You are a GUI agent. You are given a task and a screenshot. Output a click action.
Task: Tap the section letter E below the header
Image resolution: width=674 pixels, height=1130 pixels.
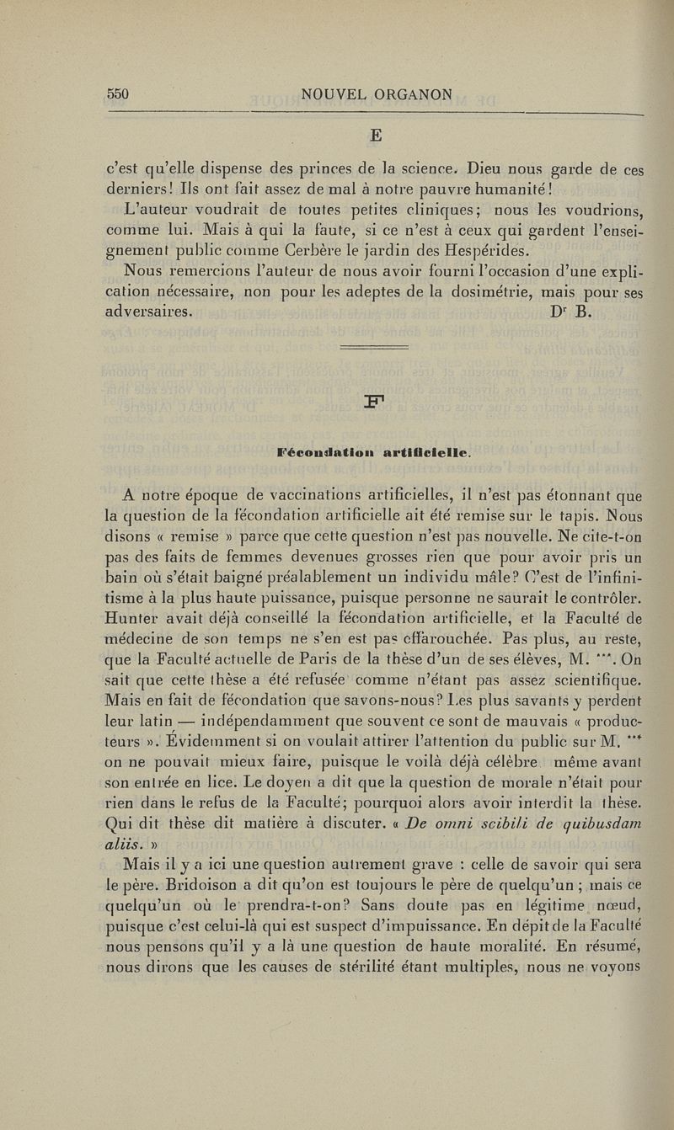coord(376,135)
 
